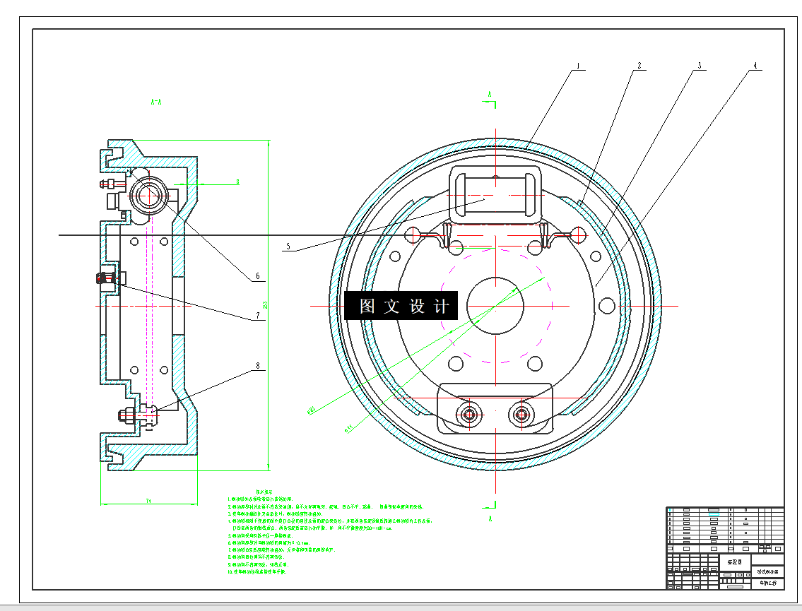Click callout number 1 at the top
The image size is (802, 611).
(577, 66)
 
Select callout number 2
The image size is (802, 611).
(639, 66)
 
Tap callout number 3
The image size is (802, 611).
(699, 66)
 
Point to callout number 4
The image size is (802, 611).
(754, 66)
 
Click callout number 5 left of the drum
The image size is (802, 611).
(288, 247)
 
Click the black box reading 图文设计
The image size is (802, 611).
(401, 307)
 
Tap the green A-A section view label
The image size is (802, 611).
(157, 102)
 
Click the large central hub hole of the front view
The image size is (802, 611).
(495, 305)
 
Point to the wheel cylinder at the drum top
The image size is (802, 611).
(495, 190)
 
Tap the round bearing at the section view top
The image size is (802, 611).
(148, 193)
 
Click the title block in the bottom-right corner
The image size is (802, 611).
(725, 547)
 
